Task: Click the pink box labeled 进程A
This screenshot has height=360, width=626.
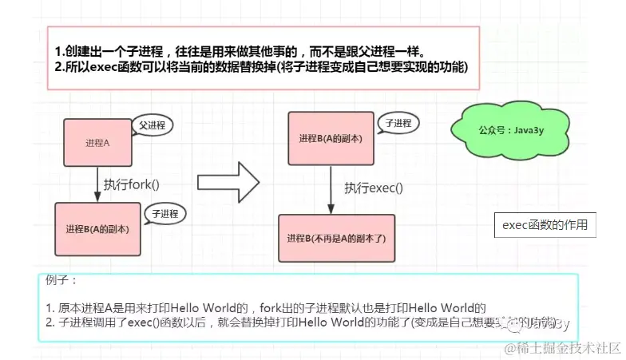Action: pos(97,142)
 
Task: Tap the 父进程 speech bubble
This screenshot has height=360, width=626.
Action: pos(152,125)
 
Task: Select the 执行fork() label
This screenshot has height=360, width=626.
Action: pos(132,184)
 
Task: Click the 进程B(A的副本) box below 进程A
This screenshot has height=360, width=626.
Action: pos(98,227)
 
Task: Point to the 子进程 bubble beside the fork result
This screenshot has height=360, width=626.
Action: pos(164,214)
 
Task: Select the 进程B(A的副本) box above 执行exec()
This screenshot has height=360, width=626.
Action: pos(330,139)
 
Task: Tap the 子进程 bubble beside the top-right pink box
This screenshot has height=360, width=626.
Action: pos(398,124)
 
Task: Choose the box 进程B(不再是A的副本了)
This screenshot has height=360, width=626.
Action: pos(336,238)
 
